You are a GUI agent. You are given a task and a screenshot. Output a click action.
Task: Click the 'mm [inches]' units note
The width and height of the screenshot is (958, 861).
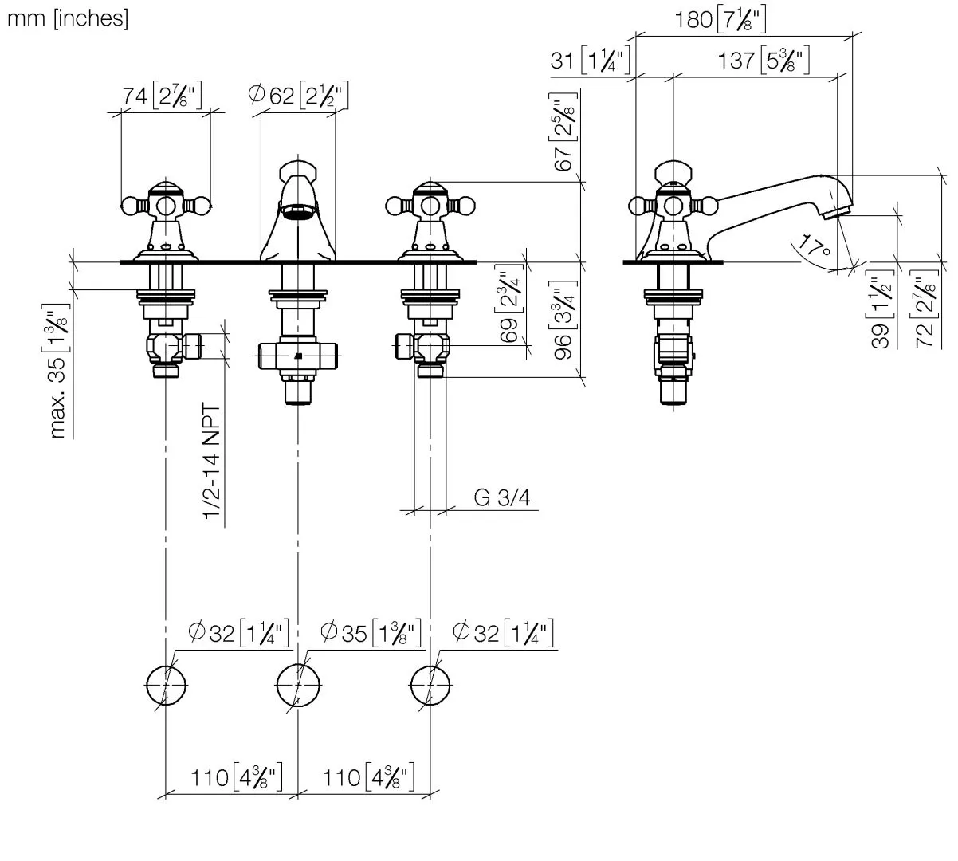[x=67, y=18]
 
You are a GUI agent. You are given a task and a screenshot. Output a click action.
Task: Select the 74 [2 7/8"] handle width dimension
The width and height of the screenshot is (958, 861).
[x=163, y=96]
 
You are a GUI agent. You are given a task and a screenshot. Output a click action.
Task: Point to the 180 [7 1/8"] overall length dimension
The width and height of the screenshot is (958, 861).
[x=720, y=20]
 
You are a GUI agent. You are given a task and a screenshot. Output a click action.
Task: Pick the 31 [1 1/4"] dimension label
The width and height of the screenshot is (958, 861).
[x=591, y=61]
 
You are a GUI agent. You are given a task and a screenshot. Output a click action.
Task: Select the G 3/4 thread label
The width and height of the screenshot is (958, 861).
[x=501, y=498]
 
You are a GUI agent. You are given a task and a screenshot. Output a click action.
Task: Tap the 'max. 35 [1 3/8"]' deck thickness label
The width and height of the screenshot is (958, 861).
[x=58, y=371]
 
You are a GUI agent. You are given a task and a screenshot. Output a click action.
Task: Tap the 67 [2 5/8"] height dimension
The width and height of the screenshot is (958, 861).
[x=565, y=132]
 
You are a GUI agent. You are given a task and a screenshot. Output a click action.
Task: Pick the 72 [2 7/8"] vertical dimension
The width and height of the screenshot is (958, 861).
[x=924, y=311]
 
